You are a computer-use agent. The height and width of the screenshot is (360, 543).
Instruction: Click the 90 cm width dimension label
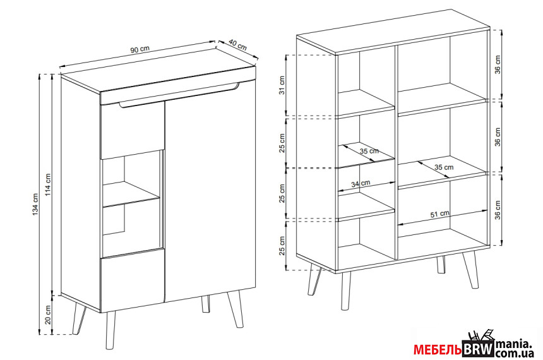coord(140,49)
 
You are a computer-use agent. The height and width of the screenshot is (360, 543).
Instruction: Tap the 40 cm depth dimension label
coord(238,45)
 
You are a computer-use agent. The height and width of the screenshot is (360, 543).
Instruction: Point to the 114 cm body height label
coord(48,184)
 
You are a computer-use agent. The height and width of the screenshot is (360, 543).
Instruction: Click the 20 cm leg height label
coord(48,315)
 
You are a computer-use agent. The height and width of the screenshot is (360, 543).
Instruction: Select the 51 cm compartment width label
coord(440,214)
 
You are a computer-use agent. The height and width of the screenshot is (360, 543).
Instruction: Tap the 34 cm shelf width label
coord(361,184)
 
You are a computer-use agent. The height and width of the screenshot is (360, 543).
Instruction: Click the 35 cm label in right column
coord(444,167)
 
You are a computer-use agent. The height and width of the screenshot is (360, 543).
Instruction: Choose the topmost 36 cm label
coord(498,64)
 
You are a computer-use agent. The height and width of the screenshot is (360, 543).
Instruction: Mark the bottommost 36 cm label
coord(498,210)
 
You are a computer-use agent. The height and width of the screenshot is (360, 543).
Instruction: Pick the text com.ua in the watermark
coord(514,354)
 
